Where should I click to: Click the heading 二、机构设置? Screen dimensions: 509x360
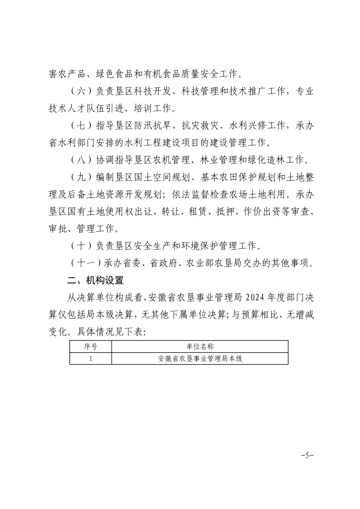95,280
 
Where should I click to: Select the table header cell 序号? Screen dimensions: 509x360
91,347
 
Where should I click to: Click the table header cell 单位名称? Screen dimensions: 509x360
200,347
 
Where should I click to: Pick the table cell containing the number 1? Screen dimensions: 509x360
91,359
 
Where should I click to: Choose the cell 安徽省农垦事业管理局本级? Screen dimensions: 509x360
200,359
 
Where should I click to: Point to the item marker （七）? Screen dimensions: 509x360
82,126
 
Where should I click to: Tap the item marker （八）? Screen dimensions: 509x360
82,160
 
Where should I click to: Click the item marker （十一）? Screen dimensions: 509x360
87,263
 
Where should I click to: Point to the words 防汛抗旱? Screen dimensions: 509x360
148,126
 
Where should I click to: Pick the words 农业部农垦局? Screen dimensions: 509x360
213,263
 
